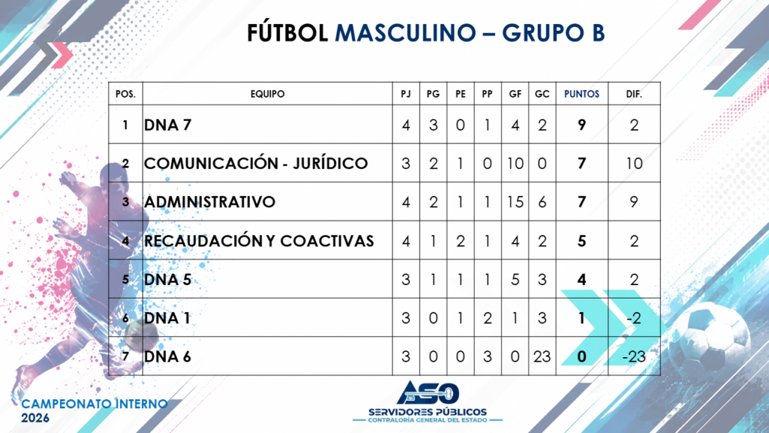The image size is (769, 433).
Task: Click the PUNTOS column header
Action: (582, 94)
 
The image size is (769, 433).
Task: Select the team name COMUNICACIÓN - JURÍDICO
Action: (256, 163)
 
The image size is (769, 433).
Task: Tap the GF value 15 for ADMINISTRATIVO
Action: (515, 201)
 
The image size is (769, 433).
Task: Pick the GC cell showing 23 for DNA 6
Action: (542, 356)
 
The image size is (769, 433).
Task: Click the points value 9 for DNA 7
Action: (582, 126)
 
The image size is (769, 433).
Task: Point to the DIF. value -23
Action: (634, 356)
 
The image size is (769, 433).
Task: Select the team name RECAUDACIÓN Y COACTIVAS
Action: (259, 241)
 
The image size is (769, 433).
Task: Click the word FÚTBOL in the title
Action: (288, 33)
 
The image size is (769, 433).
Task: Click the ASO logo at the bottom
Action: (427, 392)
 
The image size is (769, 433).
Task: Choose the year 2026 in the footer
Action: (35, 418)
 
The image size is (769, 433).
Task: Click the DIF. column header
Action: (634, 94)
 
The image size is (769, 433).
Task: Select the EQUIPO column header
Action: (267, 94)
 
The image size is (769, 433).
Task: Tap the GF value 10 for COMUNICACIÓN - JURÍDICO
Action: (515, 163)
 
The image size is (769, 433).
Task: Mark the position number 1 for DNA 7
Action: (125, 126)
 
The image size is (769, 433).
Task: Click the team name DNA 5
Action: (167, 280)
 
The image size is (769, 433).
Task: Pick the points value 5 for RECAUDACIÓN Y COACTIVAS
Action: (582, 241)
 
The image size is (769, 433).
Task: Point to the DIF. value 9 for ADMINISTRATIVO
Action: (634, 201)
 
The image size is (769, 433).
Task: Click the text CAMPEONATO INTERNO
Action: (95, 404)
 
